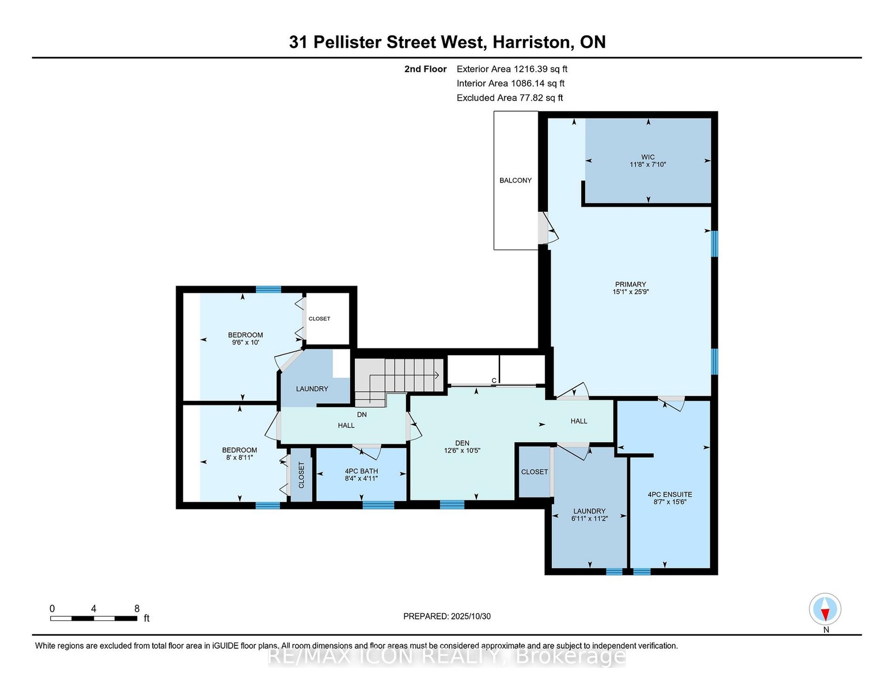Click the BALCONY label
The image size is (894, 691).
515,180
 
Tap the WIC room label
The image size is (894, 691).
647,157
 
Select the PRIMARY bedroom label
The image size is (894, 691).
630,284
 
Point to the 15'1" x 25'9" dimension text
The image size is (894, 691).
630,293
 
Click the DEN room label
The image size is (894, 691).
462,443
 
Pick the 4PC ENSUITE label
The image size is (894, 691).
670,495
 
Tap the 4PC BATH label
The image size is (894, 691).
361,471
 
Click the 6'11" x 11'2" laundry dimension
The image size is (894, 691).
589,519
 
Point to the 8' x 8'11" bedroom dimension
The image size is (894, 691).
240,458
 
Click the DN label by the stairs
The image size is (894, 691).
362,415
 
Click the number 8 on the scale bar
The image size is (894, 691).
137,609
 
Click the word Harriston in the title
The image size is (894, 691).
531,42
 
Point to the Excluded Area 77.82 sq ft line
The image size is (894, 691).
510,98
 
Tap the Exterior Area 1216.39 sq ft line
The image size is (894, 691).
512,69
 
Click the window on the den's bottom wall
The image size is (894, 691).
452,504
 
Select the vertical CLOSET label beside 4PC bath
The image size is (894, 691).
301,475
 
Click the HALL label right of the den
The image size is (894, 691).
578,421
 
